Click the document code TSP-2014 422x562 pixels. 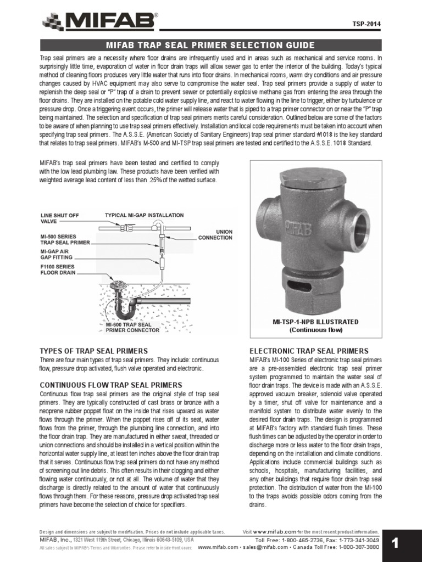(366, 24)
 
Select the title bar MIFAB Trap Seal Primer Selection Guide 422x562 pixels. (210, 45)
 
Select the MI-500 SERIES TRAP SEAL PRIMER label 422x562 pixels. (65, 239)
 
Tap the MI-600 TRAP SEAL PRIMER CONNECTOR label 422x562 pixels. (132, 327)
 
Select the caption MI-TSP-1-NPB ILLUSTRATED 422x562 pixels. (315, 322)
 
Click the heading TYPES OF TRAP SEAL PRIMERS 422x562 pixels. (93, 351)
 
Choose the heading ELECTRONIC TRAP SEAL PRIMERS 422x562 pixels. (309, 351)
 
